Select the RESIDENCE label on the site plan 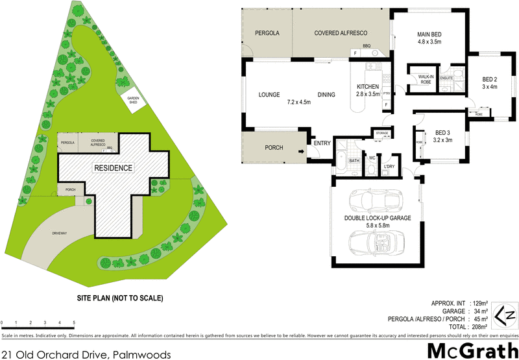pyautogui.click(x=114, y=168)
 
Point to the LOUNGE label pyautogui.click(x=269, y=95)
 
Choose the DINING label pyautogui.click(x=326, y=95)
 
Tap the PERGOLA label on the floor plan pyautogui.click(x=267, y=32)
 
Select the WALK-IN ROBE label pyautogui.click(x=426, y=78)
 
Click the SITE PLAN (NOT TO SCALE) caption pyautogui.click(x=119, y=298)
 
